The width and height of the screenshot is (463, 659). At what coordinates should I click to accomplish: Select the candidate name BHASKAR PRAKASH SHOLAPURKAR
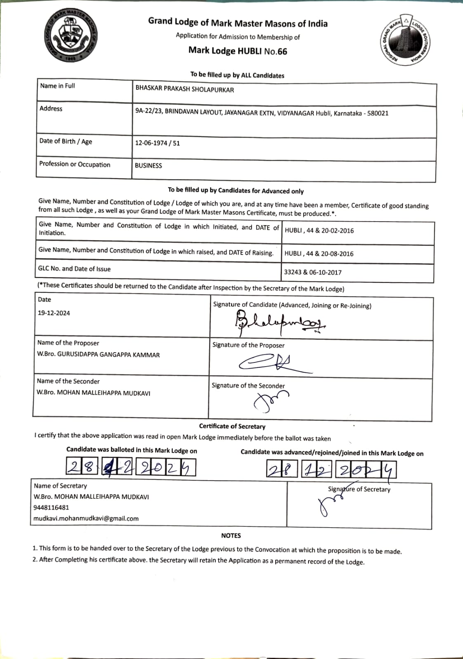tap(184, 89)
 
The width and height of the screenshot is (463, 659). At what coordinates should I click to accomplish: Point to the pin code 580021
tap(378, 113)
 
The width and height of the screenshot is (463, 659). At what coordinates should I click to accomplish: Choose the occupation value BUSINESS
tap(148, 166)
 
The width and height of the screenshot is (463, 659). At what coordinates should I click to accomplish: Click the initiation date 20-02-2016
tap(337, 231)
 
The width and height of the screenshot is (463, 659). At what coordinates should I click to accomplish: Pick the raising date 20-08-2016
tap(337, 254)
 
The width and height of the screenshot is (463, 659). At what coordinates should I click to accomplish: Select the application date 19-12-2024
tap(54, 313)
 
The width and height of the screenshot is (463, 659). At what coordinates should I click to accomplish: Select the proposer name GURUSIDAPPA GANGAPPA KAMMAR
tap(108, 355)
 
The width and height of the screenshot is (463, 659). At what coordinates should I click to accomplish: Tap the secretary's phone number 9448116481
tap(52, 507)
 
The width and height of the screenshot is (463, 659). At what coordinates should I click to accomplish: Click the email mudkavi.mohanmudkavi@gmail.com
tap(86, 519)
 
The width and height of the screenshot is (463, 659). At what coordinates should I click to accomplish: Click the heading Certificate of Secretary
tap(232, 426)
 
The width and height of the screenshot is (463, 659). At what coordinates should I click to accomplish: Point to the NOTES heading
tap(231, 535)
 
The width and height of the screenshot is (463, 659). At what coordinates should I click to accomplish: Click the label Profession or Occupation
tap(75, 164)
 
